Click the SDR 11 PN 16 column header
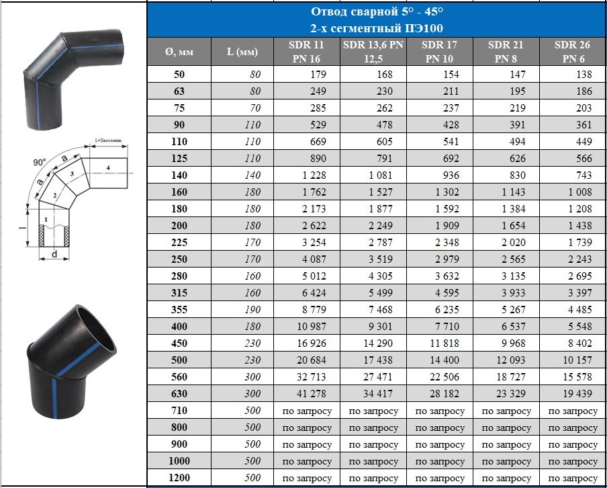(x=306, y=52)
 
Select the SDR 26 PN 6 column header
(x=573, y=52)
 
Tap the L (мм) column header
(x=242, y=52)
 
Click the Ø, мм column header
(x=179, y=52)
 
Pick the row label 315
(x=179, y=292)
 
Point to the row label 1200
(x=179, y=477)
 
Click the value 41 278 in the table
(x=312, y=393)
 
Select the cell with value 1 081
(x=381, y=175)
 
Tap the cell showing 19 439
(x=577, y=393)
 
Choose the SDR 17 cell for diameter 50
(x=451, y=75)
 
